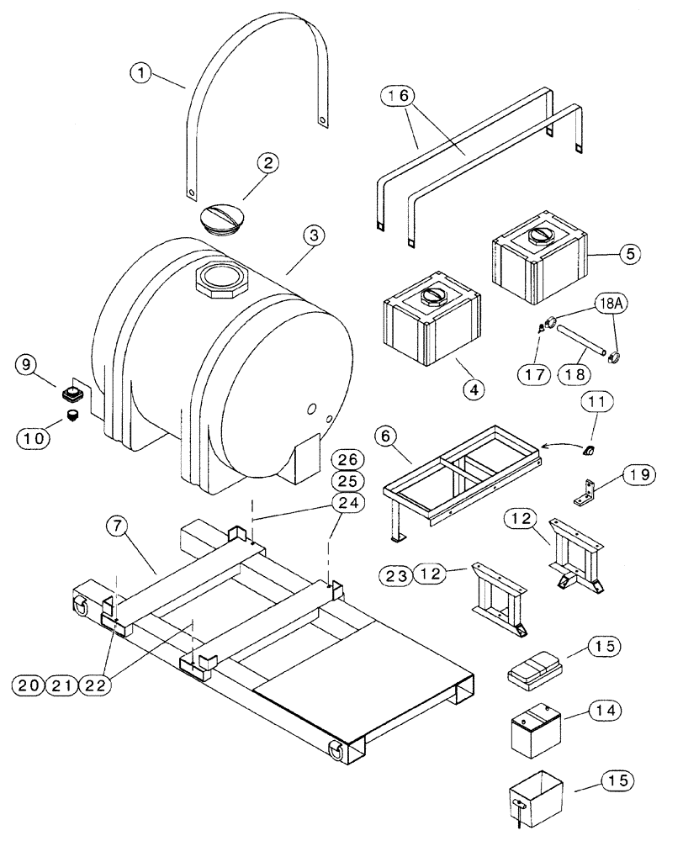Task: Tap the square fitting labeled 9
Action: tap(72, 392)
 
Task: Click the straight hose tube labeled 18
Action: tap(580, 342)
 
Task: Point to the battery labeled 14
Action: tap(536, 729)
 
